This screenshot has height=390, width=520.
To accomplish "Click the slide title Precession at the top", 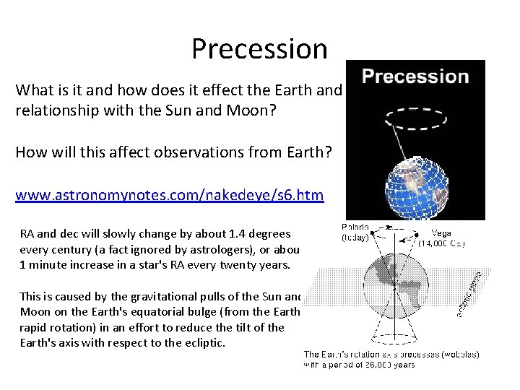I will [259, 48].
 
